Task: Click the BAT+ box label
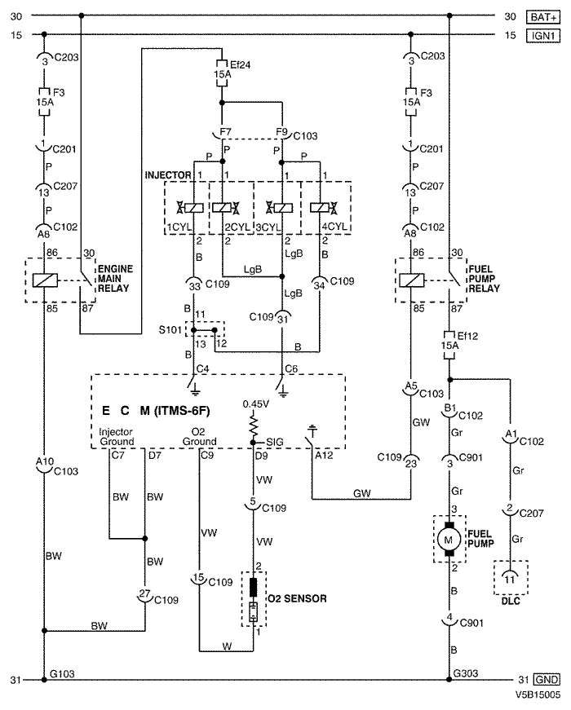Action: click(543, 17)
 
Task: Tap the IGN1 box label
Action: click(543, 35)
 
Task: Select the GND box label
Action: click(547, 680)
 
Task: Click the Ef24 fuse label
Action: click(240, 64)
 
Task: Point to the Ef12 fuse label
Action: click(467, 336)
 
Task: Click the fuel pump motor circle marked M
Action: click(449, 540)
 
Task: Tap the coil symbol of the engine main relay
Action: click(45, 280)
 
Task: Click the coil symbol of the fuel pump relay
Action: click(411, 280)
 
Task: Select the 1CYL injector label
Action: click(179, 227)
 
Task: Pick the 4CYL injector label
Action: click(334, 226)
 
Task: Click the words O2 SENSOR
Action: click(297, 598)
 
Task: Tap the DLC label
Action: click(511, 602)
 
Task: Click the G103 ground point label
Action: click(62, 674)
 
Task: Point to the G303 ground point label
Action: click(466, 673)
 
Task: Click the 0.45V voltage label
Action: click(255, 404)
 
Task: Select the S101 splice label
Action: click(170, 329)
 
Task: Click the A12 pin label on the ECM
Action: click(324, 456)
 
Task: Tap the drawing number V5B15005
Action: click(538, 695)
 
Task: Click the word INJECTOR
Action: click(168, 175)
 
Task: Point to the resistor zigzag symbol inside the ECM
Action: click(254, 426)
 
